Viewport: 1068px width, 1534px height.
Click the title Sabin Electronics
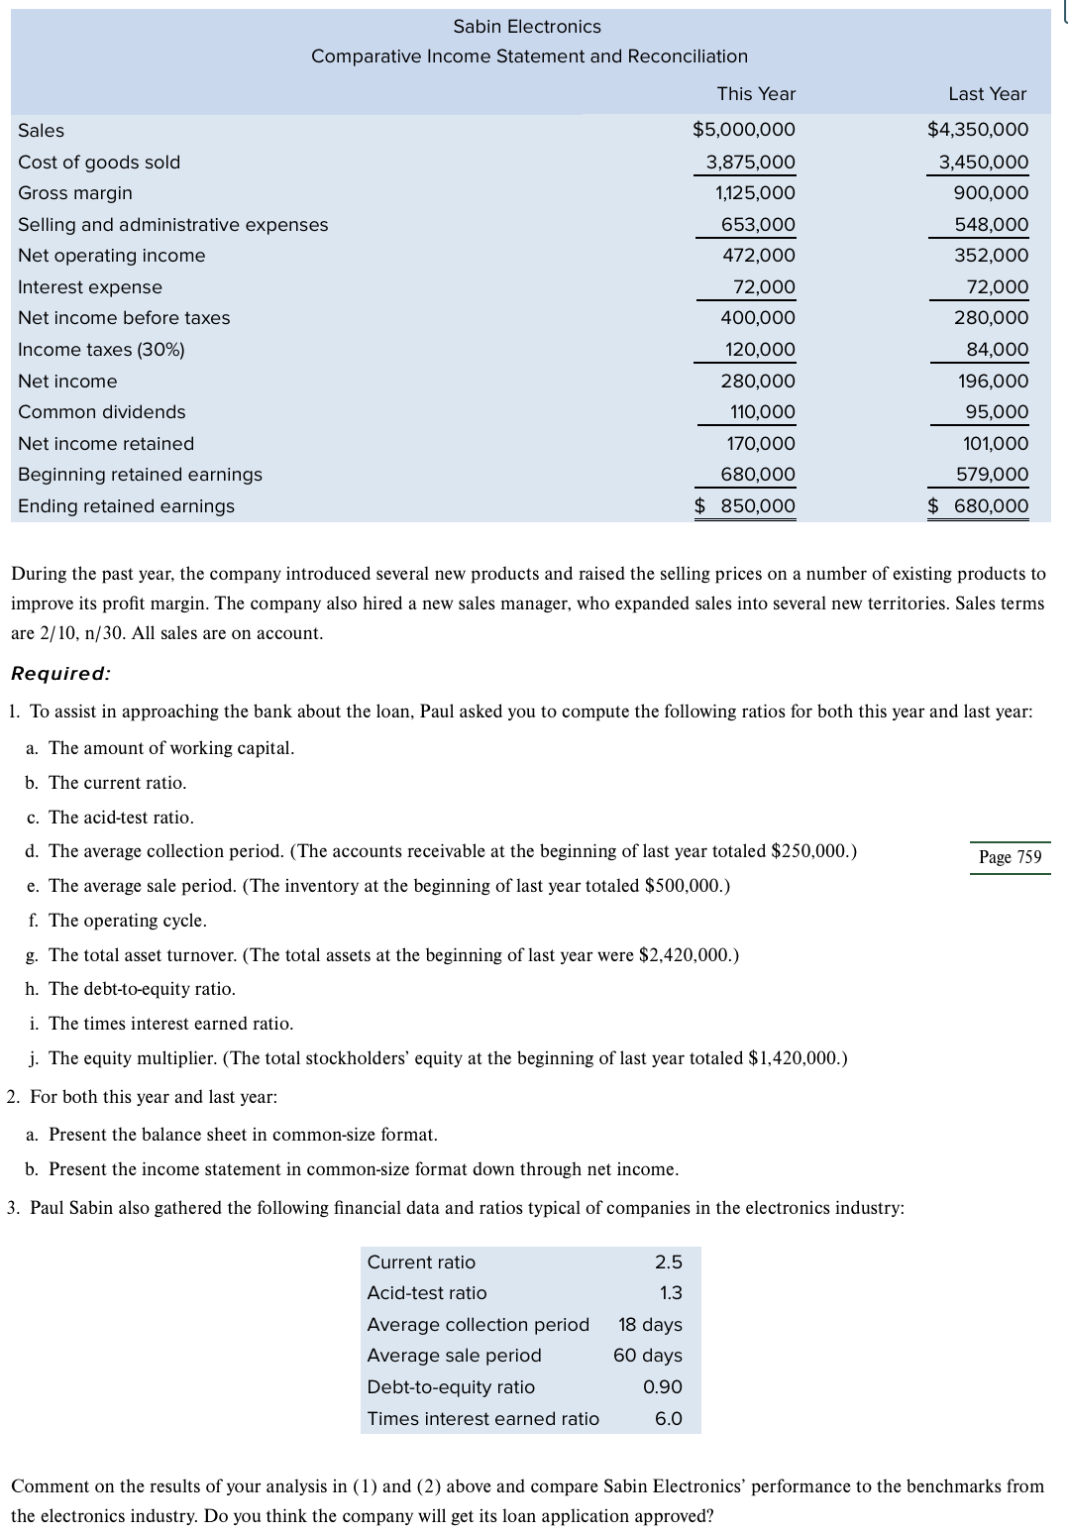[527, 27]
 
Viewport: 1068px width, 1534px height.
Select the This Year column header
[756, 94]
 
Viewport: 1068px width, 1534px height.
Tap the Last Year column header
[987, 94]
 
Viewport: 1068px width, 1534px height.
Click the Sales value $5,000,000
[743, 130]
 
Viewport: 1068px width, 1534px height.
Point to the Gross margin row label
[75, 193]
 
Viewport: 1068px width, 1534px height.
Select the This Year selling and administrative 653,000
[758, 225]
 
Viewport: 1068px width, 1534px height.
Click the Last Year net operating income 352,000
[991, 256]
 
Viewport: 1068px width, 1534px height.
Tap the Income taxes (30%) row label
[101, 350]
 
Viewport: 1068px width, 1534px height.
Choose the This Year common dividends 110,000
[762, 412]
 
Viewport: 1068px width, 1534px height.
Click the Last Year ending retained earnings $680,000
[979, 506]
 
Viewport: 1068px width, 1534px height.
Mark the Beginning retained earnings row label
[140, 475]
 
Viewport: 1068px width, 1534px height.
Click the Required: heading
[60, 674]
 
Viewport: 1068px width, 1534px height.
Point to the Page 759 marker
[1010, 857]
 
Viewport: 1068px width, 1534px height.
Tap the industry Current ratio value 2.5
[668, 1262]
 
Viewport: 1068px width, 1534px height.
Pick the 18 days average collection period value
[650, 1325]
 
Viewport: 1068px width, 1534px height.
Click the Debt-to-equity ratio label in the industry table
[451, 1387]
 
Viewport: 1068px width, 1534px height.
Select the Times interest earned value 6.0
[668, 1419]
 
